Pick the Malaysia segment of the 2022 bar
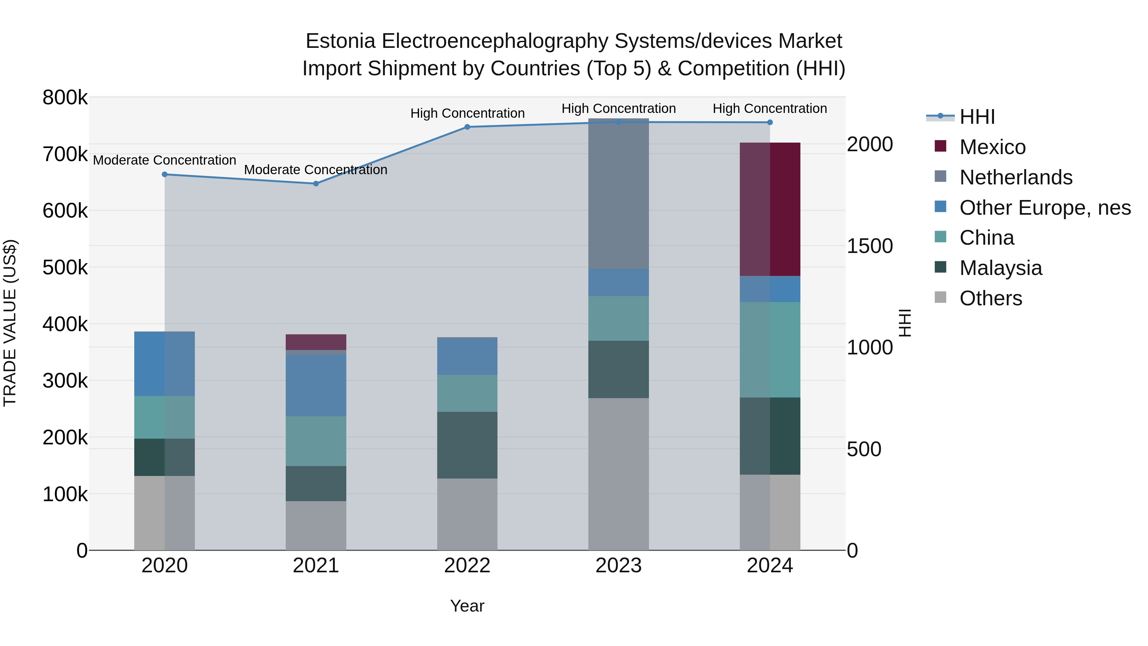pos(467,445)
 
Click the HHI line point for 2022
pos(467,127)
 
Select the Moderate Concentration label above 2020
pos(165,160)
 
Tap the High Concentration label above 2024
pos(770,108)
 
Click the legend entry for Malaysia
pos(1000,268)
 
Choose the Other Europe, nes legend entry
pos(1045,208)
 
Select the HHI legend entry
pos(977,117)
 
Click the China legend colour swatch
pos(940,237)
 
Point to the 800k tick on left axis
pos(65,98)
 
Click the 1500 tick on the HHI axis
pos(870,246)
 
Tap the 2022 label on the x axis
pos(467,566)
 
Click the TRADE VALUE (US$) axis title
pos(10,323)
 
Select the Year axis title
pos(467,606)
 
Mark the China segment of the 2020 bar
pos(165,417)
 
